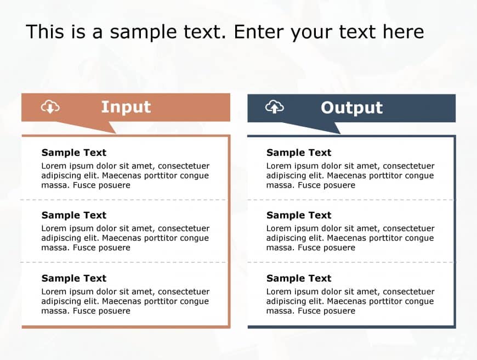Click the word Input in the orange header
pyautogui.click(x=126, y=107)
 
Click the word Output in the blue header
pyautogui.click(x=351, y=108)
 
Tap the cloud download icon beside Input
pyautogui.click(x=50, y=107)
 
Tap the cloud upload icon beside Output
pyautogui.click(x=274, y=107)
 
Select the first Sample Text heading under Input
pyautogui.click(x=74, y=152)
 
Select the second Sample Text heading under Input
pyautogui.click(x=74, y=215)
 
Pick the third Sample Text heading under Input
pyautogui.click(x=74, y=278)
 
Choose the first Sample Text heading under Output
pyautogui.click(x=299, y=152)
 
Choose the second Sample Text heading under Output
pyautogui.click(x=299, y=215)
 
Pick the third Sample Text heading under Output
pyautogui.click(x=299, y=278)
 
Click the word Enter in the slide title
pyautogui.click(x=258, y=32)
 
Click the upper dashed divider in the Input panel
pyautogui.click(x=124, y=200)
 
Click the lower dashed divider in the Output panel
pyautogui.click(x=350, y=262)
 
